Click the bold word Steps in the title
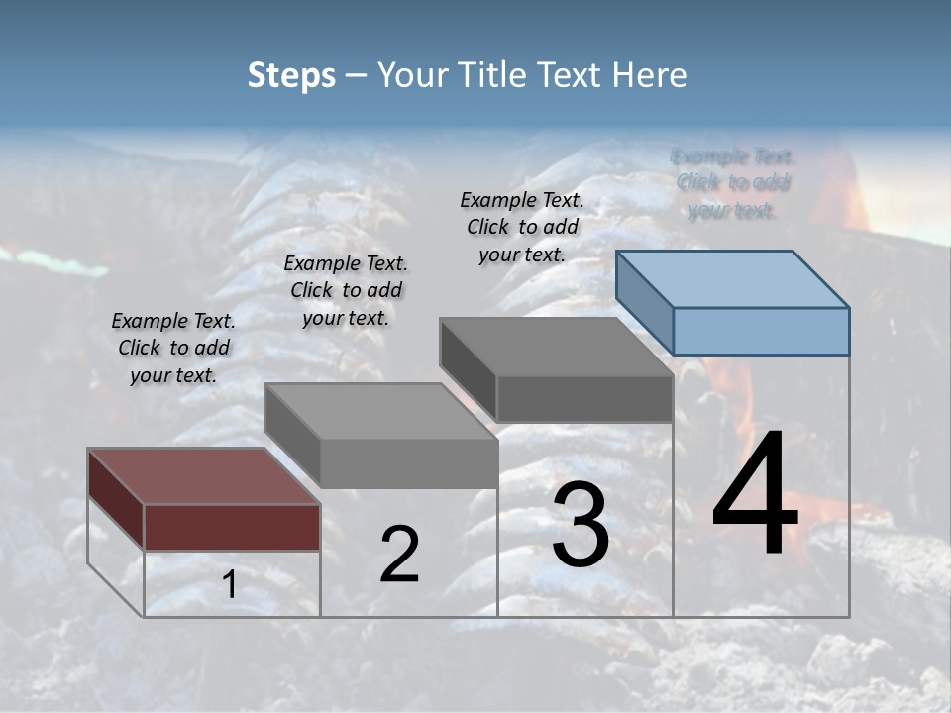[291, 75]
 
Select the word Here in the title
[649, 75]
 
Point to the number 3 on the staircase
[580, 526]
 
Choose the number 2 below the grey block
[399, 555]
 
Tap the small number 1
[229, 585]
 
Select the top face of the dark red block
[203, 476]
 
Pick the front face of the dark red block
[232, 527]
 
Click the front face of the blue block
[761, 331]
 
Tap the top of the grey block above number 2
[380, 411]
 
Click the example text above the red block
[173, 348]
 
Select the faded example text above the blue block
[733, 183]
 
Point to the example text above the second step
[346, 290]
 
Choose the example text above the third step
[522, 227]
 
